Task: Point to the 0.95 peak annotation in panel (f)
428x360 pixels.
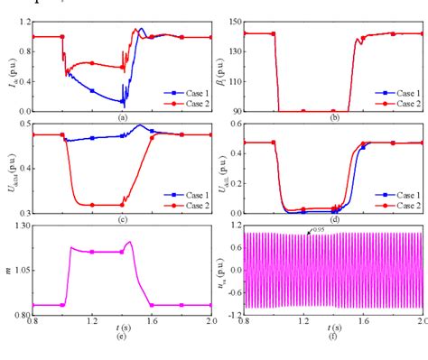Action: click(x=317, y=232)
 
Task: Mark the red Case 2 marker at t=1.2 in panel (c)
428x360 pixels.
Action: click(x=92, y=205)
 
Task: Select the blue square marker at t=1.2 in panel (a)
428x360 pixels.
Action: click(x=92, y=90)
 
